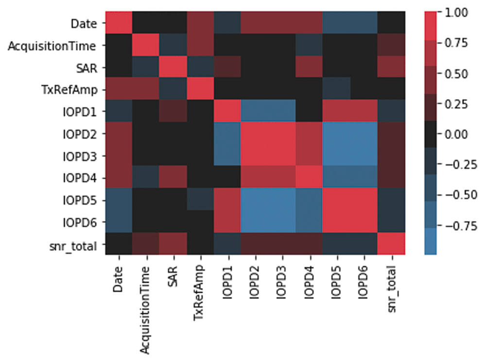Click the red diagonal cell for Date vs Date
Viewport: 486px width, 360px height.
click(118, 22)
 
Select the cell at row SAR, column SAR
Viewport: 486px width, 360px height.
click(173, 68)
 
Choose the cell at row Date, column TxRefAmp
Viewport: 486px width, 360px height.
click(200, 22)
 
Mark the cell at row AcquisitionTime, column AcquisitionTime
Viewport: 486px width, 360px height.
click(145, 45)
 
